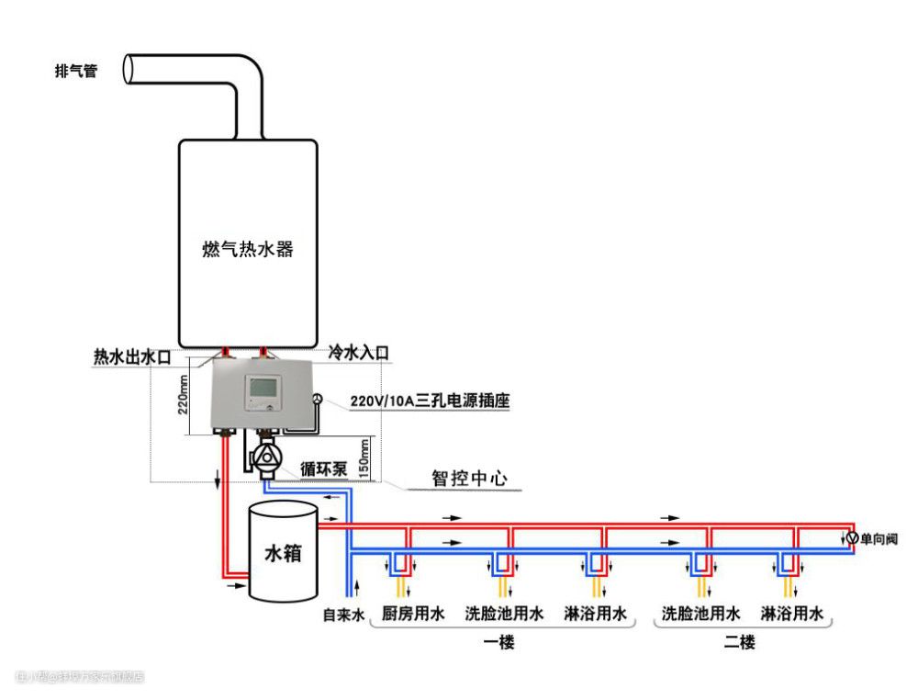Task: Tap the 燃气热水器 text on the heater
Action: click(x=248, y=249)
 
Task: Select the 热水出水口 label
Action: click(x=132, y=356)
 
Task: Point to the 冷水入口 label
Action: click(x=359, y=353)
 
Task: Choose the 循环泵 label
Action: click(x=322, y=469)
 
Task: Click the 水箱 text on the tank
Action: click(x=284, y=554)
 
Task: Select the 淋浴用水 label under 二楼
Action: click(x=792, y=614)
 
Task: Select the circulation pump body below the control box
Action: click(x=268, y=458)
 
